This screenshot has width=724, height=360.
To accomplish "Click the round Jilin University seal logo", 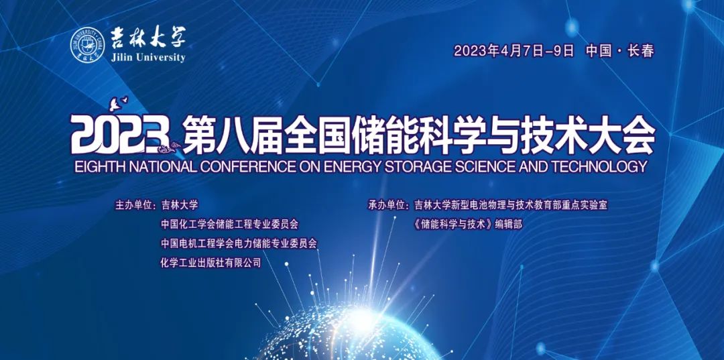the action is pos(88,45).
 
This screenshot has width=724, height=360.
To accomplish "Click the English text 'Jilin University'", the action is pos(148,58).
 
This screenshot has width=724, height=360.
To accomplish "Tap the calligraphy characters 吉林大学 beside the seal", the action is pos(147,38).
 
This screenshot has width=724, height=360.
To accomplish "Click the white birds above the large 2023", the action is pos(118,103).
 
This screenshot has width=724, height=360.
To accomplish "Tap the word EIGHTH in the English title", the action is pos(97,166).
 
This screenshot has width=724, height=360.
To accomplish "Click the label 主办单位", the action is pos(133,205).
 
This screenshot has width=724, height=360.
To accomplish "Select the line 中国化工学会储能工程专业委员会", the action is pos(229,225).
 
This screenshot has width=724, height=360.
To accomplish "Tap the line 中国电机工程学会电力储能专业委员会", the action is pos(239,244).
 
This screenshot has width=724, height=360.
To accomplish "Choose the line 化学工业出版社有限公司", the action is pos(210,263).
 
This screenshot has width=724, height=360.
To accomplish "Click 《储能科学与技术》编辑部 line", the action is pos(468,225).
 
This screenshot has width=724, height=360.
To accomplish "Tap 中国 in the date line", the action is pos(600,51).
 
